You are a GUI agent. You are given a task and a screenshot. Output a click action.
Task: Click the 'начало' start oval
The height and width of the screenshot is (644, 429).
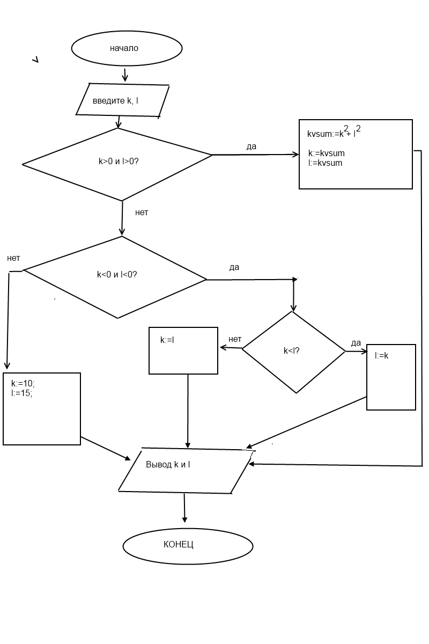coord(127,48)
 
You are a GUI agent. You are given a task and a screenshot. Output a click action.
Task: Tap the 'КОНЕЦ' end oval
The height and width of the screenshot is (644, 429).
coord(188,545)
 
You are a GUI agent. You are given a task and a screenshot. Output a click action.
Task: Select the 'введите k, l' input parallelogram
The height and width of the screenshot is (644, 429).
coord(123,100)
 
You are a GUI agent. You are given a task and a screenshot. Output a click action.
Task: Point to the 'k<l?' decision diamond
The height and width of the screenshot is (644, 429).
coord(293,351)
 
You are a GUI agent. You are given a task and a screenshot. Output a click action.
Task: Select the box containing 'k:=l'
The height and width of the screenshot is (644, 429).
coord(183,350)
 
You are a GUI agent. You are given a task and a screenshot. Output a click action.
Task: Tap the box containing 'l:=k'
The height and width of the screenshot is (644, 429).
coord(391,377)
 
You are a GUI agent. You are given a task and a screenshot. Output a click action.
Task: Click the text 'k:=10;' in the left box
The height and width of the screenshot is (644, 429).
coord(23,384)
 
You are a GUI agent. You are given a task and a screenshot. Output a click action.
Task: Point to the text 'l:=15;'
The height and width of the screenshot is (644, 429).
coord(22,393)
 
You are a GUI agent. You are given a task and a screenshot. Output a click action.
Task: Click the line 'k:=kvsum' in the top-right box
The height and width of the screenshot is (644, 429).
coord(327,153)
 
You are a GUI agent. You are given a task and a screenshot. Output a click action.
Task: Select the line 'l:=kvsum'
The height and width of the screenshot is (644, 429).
coord(326,163)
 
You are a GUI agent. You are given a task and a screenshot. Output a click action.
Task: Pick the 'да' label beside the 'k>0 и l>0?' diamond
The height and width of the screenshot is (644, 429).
coord(252,147)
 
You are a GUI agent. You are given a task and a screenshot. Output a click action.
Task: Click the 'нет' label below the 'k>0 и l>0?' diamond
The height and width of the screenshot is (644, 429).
coord(142,213)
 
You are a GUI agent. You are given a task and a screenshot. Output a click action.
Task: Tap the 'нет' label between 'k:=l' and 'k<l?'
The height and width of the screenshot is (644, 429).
coord(235,339)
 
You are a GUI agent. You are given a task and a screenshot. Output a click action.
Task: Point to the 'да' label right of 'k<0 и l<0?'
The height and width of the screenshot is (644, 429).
coord(234,267)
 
